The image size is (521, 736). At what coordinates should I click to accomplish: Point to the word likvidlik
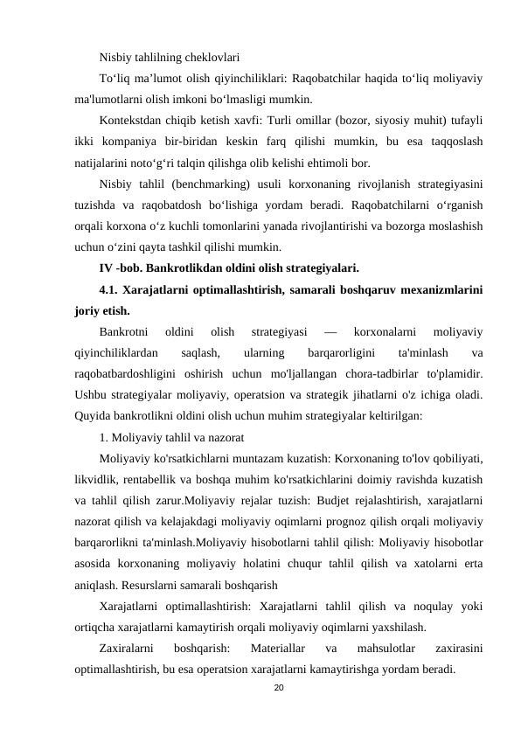pyautogui.click(x=97, y=480)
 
